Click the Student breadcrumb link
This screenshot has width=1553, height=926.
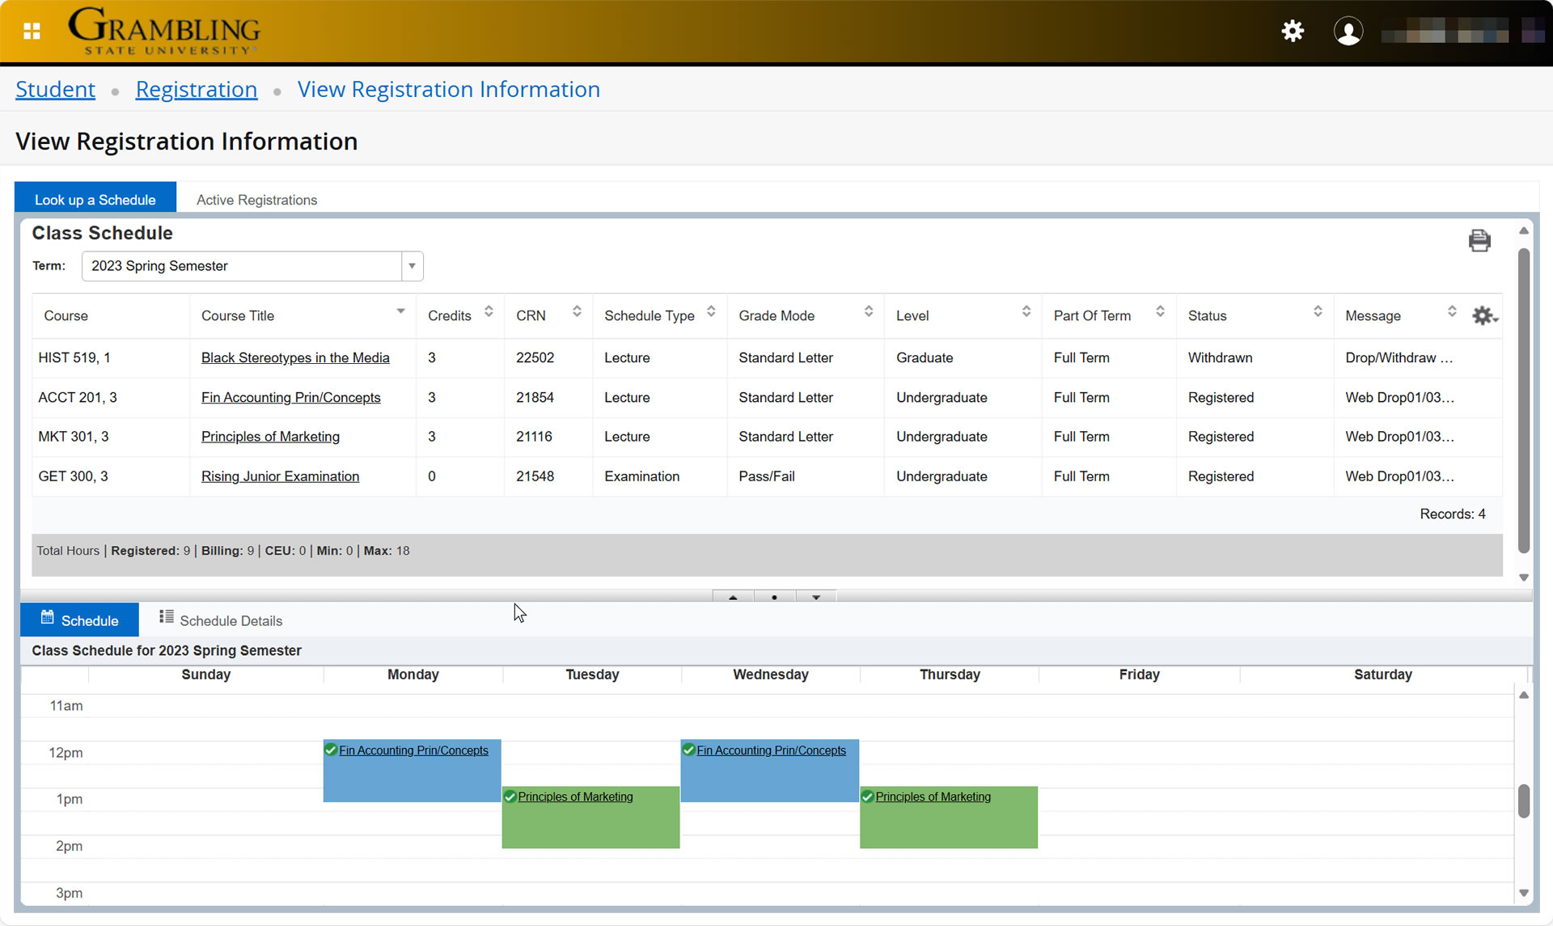55,89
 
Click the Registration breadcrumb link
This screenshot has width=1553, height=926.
196,89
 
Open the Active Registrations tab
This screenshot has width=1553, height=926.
256,200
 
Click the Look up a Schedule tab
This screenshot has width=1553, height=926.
95,200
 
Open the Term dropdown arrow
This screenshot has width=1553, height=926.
412,266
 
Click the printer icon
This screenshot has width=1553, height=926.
1479,240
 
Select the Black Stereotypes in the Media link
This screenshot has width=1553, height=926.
295,357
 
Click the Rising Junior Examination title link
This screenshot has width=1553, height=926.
280,476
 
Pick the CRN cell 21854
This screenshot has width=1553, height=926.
535,397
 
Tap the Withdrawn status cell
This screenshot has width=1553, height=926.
1220,357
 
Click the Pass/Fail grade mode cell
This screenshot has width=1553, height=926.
766,476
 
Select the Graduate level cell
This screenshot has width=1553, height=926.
924,357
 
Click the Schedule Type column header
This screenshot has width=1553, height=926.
649,315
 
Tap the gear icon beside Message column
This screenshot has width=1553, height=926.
1483,315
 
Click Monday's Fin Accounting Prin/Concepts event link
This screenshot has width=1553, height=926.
413,751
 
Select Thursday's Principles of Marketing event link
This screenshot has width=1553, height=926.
933,797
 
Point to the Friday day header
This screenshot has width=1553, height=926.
1139,674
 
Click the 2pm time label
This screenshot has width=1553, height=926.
69,846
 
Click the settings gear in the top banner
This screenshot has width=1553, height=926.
1293,31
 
